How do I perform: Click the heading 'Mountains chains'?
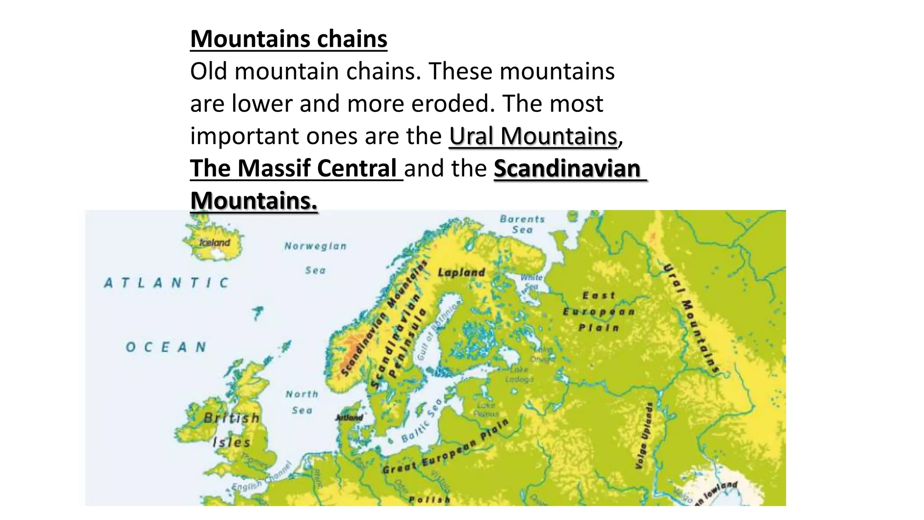(x=289, y=39)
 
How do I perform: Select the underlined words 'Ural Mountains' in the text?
(x=533, y=136)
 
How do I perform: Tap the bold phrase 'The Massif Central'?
(x=293, y=168)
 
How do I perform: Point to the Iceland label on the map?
(x=215, y=243)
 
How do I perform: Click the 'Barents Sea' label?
(x=522, y=224)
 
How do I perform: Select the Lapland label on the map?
(x=461, y=273)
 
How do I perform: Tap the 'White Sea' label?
(x=531, y=282)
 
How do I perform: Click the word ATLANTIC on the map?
(x=166, y=283)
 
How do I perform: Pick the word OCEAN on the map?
(x=166, y=347)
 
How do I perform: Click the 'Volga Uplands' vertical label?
(x=644, y=436)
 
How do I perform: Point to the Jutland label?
(x=349, y=418)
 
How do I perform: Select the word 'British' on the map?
(x=231, y=418)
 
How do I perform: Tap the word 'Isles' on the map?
(x=231, y=442)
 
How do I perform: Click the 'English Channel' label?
(x=262, y=478)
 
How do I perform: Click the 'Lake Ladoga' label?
(x=519, y=374)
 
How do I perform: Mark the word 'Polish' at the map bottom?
(x=429, y=500)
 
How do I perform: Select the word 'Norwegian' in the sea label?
(x=315, y=246)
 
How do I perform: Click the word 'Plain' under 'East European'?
(x=598, y=328)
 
